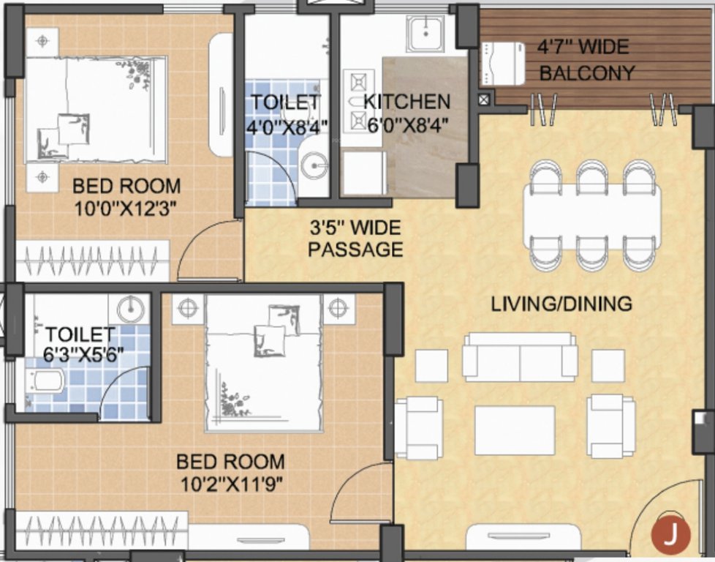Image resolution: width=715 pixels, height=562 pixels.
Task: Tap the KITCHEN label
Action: click(407, 102)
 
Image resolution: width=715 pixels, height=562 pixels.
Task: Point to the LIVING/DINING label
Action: click(561, 303)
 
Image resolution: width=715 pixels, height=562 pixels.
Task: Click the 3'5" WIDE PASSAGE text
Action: click(355, 238)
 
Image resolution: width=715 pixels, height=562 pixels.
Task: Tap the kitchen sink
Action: click(426, 34)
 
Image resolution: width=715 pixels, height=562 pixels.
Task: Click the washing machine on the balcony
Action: click(502, 64)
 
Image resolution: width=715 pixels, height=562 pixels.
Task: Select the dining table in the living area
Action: click(592, 217)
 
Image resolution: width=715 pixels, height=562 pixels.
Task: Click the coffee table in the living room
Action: click(515, 430)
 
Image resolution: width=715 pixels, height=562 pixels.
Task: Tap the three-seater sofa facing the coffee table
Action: click(520, 357)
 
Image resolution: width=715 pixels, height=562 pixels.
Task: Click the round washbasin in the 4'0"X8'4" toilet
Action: click(315, 165)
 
